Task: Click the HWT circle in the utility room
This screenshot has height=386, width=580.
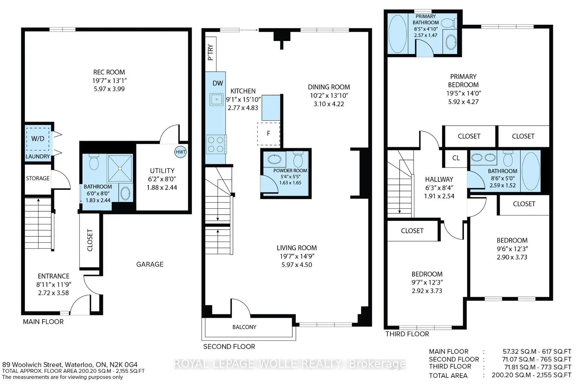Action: pos(180,152)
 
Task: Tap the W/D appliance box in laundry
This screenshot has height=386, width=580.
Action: pos(38,139)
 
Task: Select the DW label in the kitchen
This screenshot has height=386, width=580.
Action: pos(218,83)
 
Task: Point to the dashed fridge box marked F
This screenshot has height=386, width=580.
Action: pos(268,133)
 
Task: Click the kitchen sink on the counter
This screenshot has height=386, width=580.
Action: pos(217,99)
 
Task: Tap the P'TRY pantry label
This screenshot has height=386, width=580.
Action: pos(211,53)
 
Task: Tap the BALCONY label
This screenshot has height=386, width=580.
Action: pos(244,327)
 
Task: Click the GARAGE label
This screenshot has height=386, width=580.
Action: pos(150,264)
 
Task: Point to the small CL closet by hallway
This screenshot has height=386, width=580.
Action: pos(456,158)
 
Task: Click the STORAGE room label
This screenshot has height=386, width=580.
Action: pos(38,178)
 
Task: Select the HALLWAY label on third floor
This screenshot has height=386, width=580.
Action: pos(439,179)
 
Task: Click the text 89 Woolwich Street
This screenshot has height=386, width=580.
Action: pos(32,364)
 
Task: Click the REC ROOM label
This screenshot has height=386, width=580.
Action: pos(109,72)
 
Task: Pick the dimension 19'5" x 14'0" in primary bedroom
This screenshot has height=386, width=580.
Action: pos(463,93)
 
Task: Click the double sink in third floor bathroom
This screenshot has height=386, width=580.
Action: pos(483,158)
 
